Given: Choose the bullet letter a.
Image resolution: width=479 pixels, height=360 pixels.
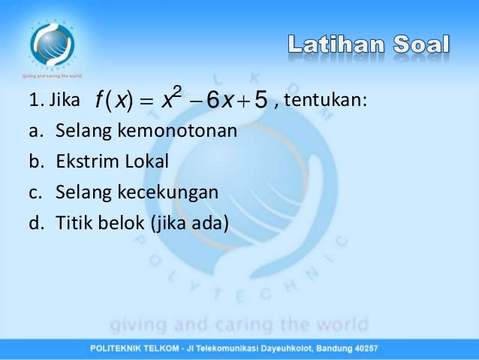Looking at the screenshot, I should [x=35, y=132].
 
